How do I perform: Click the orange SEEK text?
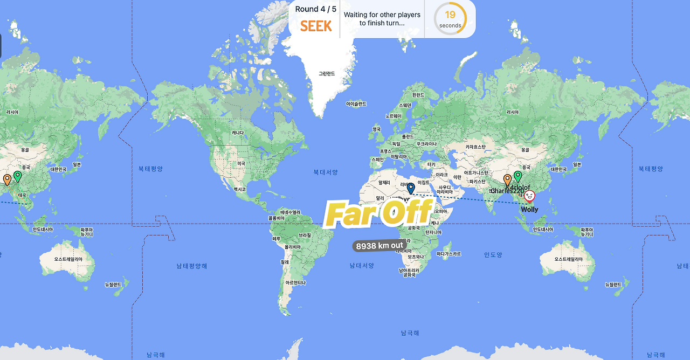pos(316,25)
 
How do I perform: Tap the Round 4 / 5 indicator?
pos(316,9)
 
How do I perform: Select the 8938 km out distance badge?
pos(379,246)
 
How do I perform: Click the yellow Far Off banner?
pos(379,213)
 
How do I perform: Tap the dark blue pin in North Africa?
pos(411,188)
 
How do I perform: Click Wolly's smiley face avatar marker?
pos(529,197)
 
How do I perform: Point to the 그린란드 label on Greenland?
pos(327,74)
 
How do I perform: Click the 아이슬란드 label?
pos(356,103)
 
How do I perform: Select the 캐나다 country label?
pos(237,133)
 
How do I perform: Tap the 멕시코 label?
pos(240,189)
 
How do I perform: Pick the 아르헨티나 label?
pos(296,282)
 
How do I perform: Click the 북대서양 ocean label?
pos(326,172)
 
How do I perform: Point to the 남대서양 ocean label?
pos(362,265)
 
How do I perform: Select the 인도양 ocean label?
pos(493,255)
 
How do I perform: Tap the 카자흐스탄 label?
pos(475,147)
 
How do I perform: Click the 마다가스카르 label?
pos(448,253)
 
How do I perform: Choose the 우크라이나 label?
pos(426,144)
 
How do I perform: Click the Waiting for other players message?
pos(382,19)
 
